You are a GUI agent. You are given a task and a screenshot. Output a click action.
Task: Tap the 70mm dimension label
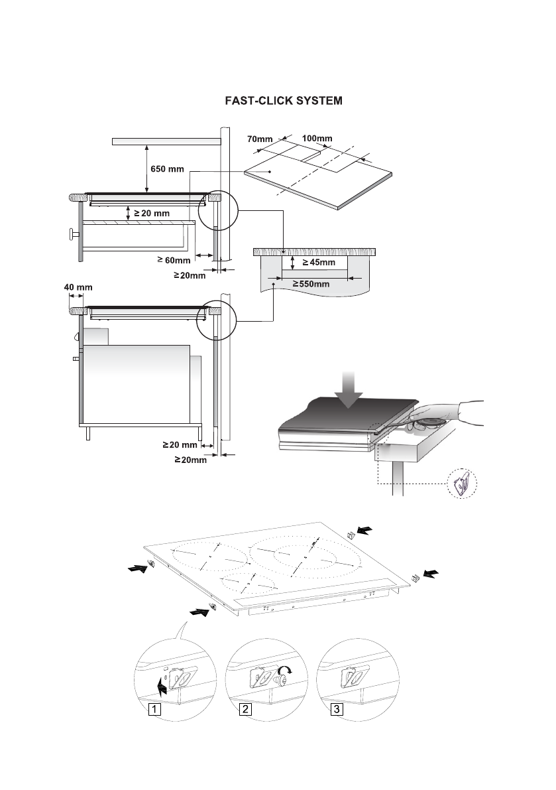[x=260, y=139]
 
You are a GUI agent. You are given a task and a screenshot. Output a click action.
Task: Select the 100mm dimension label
[x=317, y=138]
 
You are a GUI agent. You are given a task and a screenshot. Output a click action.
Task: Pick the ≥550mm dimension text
[x=311, y=284]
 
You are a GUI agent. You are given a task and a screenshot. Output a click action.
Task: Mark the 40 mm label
[x=78, y=288]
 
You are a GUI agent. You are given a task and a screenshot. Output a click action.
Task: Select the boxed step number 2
[x=245, y=709]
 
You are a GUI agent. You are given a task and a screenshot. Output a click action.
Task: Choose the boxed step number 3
[x=337, y=709]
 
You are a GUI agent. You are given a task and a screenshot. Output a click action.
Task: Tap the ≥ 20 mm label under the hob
[x=152, y=214]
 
